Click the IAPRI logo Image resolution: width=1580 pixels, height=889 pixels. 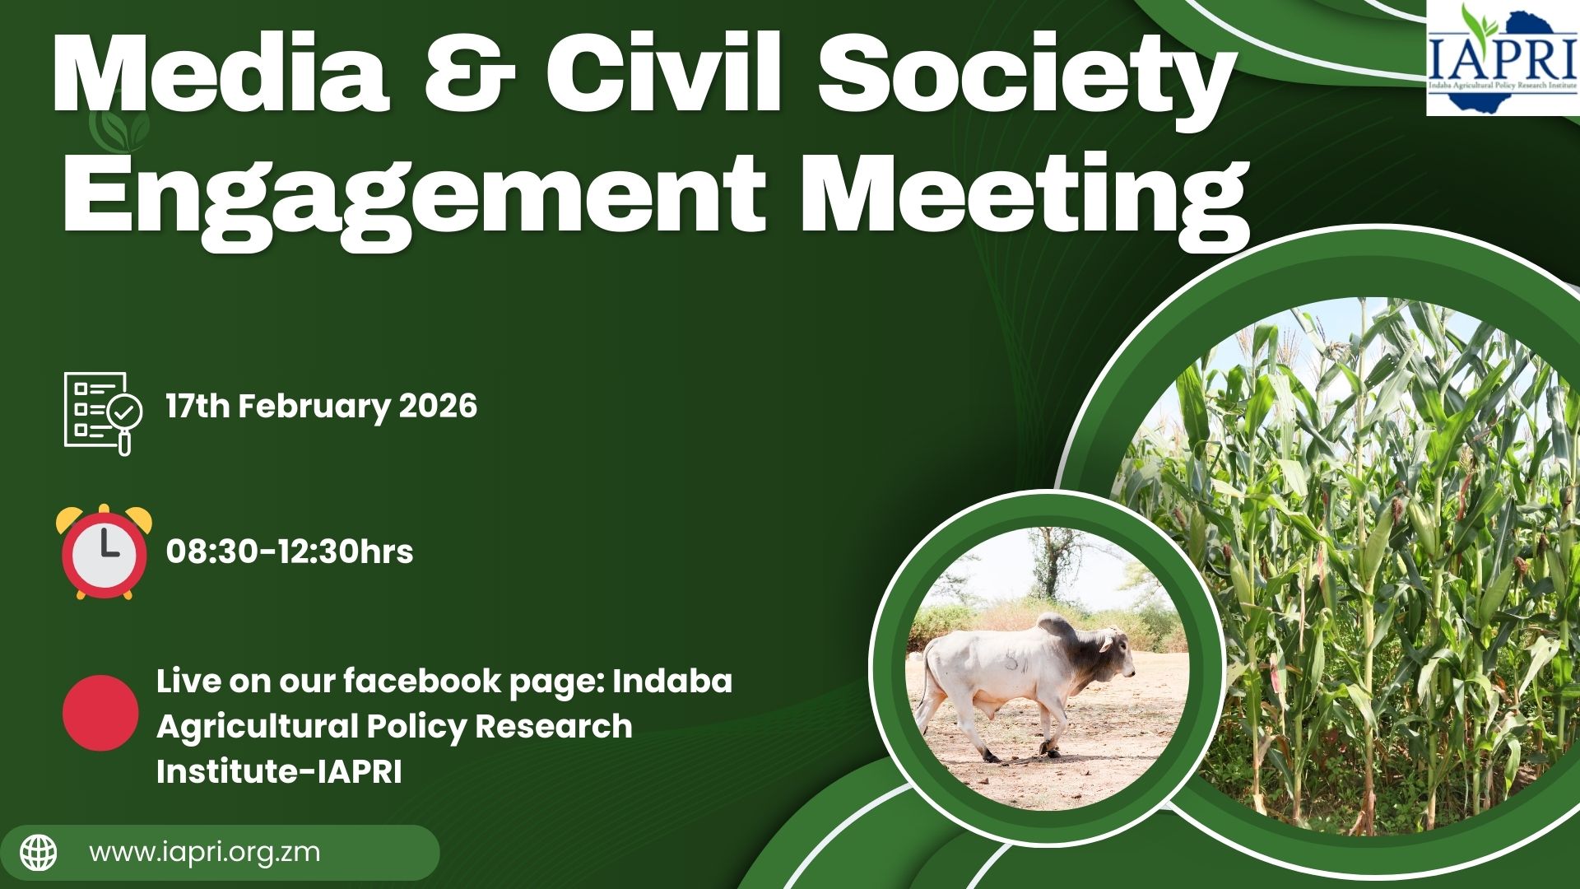click(x=1503, y=58)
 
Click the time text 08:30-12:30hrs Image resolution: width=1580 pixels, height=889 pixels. click(x=290, y=552)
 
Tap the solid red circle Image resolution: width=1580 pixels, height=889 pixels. click(x=100, y=713)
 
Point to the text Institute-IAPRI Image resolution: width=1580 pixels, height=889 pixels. click(x=279, y=772)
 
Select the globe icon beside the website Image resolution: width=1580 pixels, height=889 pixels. click(x=39, y=853)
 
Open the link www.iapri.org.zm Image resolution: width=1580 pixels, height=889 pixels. click(x=204, y=852)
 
